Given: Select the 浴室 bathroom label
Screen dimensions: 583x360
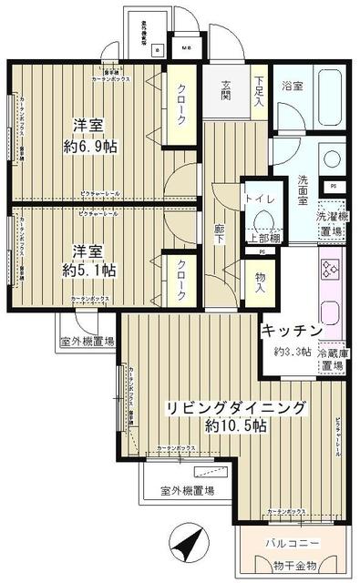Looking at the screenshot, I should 293,87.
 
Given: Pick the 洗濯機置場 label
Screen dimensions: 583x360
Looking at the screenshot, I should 331,224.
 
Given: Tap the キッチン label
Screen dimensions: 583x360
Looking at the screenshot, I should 292,330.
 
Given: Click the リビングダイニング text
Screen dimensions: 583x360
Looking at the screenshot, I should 234,407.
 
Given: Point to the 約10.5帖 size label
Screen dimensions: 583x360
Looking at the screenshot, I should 235,425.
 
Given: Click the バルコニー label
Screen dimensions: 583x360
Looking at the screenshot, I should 293,543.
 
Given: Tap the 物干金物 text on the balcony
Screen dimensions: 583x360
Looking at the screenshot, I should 292,565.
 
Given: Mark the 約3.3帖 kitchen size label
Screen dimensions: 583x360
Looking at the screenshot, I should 293,352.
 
